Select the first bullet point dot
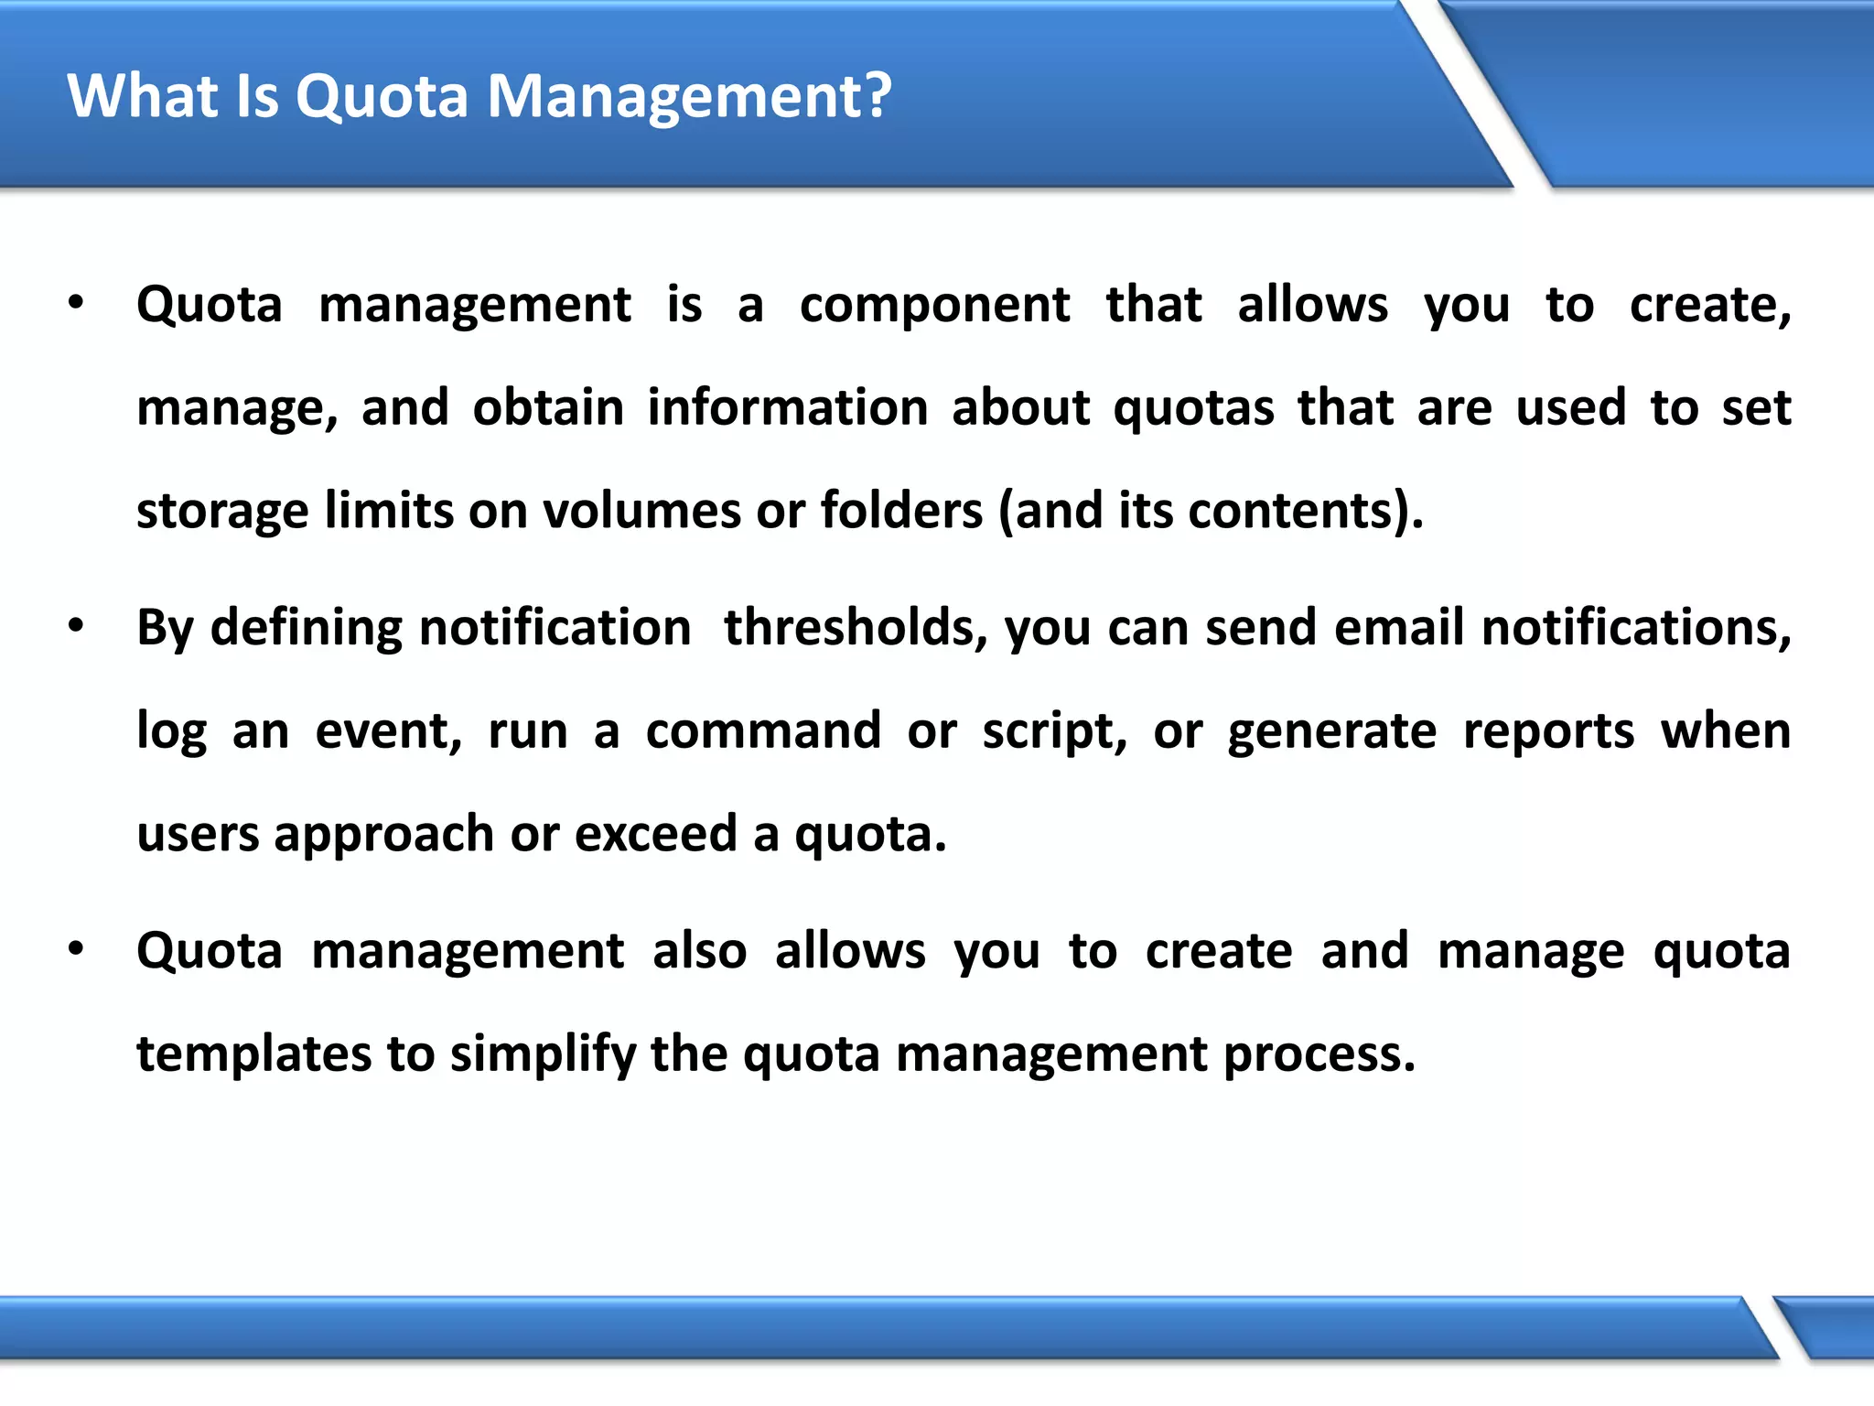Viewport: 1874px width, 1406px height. coord(76,303)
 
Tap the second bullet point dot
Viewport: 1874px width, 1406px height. coord(76,627)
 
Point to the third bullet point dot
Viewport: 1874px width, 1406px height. coord(76,950)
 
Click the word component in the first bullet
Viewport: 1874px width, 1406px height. coord(934,306)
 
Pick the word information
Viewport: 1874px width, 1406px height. coord(788,407)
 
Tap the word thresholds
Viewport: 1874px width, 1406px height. coord(856,628)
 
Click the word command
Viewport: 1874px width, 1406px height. coord(763,731)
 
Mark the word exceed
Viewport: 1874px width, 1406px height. coord(655,834)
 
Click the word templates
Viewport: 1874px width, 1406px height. coord(253,1054)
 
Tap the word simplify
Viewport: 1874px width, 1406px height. coord(543,1054)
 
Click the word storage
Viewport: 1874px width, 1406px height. coord(222,512)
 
